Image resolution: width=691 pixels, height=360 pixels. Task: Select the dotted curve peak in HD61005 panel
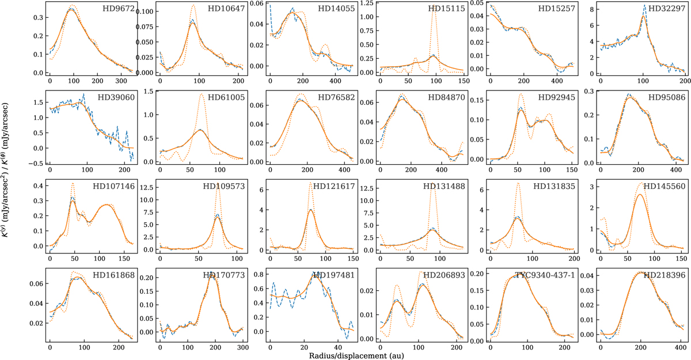click(x=202, y=94)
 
